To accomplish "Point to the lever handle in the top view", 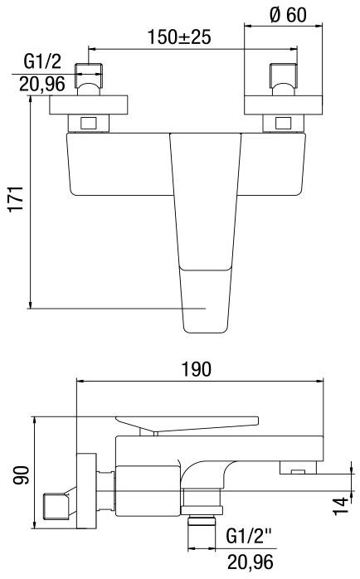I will (x=202, y=232).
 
